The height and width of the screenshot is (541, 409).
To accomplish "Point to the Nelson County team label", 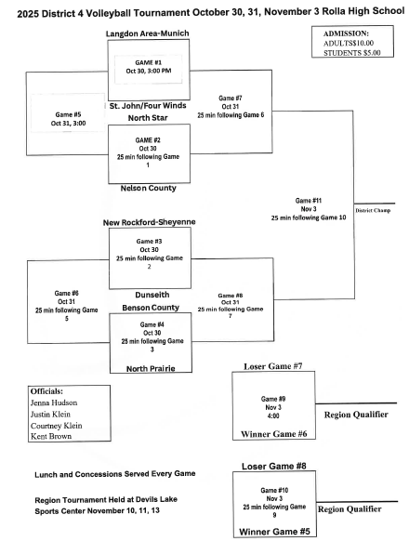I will tap(149, 188).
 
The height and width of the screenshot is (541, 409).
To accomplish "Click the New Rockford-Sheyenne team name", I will tap(149, 223).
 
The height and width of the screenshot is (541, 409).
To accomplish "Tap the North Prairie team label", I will tap(149, 369).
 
